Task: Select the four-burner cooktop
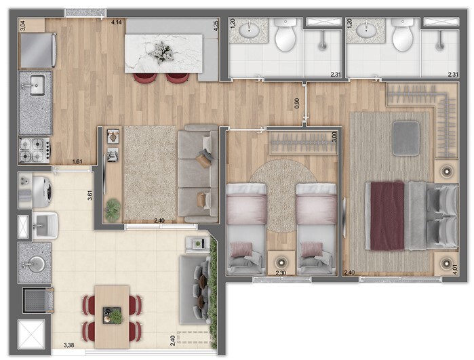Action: [34, 148]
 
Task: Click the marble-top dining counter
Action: [163, 53]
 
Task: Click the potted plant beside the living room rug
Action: [113, 207]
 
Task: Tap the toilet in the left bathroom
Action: [286, 36]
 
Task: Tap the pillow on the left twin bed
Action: [241, 249]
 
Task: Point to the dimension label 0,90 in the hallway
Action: [296, 103]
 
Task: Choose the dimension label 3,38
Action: [68, 344]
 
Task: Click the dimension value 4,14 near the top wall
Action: [117, 23]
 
